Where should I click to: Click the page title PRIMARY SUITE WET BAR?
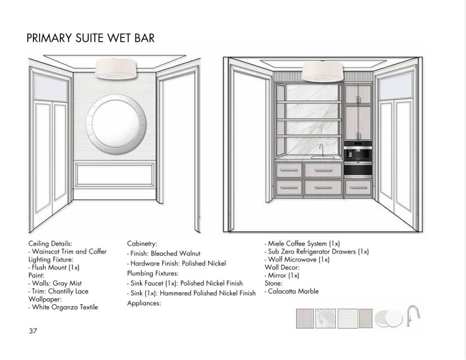coord(90,39)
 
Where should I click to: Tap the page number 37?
coord(33,331)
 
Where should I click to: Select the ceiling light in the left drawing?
coord(116,69)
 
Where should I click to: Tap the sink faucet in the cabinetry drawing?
coord(321,151)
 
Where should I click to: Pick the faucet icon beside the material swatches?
coord(413,316)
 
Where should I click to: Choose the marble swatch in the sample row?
coord(325,318)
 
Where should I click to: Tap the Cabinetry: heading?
coord(142,244)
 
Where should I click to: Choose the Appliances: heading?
coord(144,303)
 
